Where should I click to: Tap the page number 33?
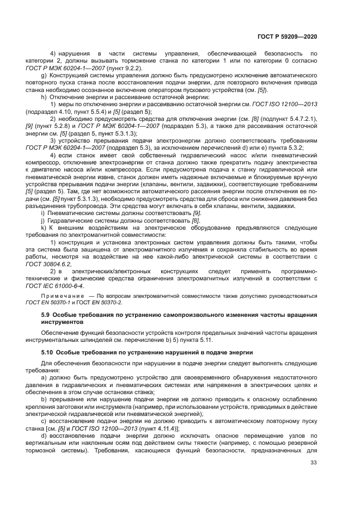point(313,463)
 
